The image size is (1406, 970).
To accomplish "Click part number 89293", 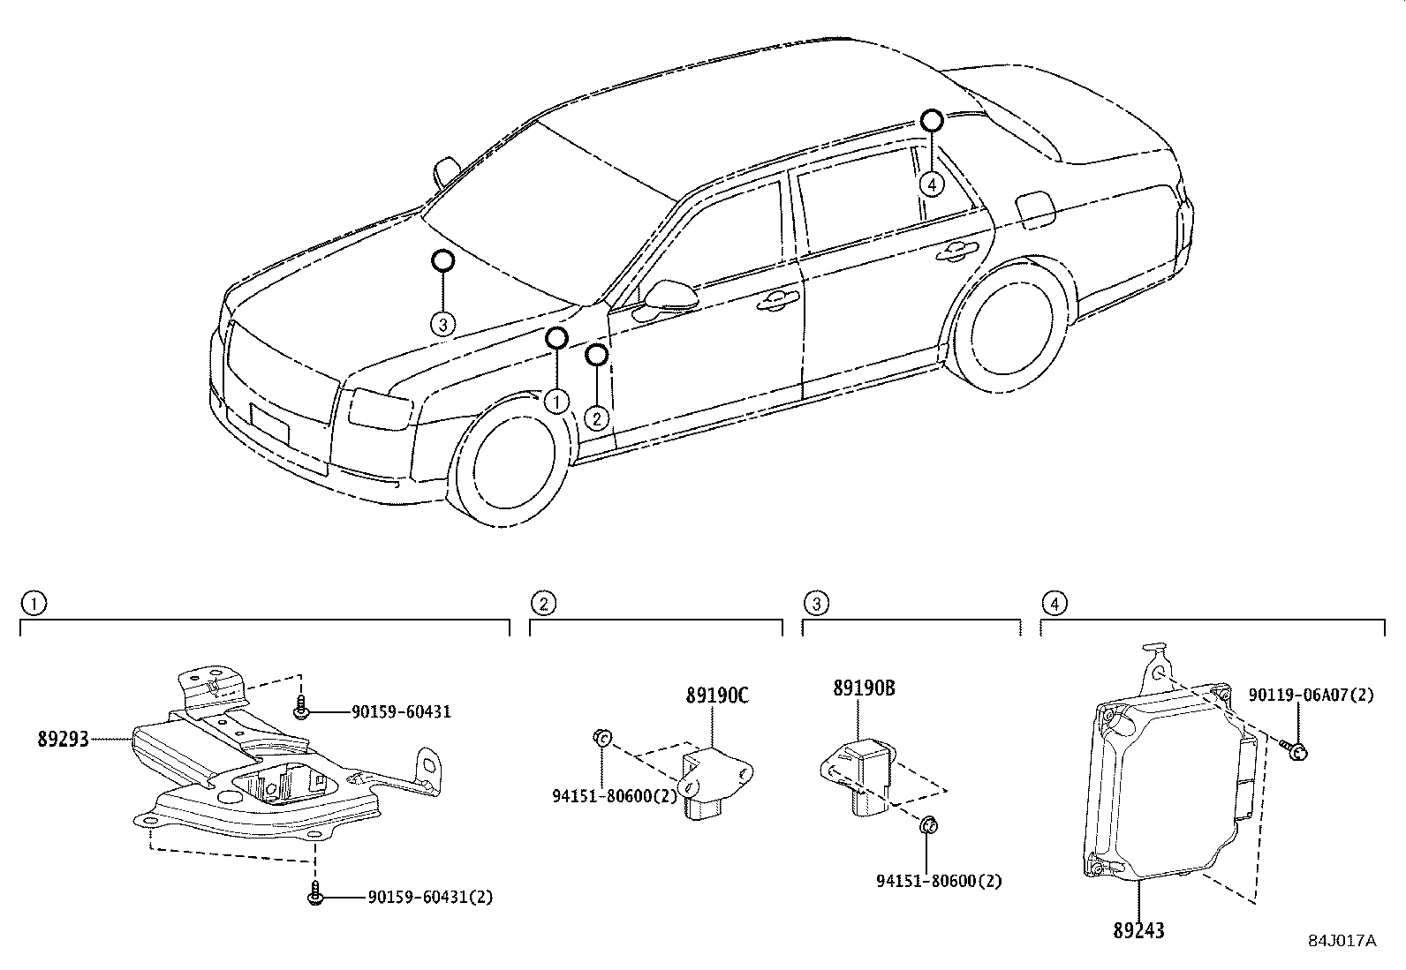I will [63, 739].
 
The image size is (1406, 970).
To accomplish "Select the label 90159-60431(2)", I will [430, 898].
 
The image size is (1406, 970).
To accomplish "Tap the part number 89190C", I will [716, 696].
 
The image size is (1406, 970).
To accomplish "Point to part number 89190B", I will [863, 688].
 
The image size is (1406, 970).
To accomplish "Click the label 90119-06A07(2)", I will [1311, 696].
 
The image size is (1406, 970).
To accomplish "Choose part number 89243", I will [1138, 929].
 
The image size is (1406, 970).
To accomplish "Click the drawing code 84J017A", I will [1342, 941].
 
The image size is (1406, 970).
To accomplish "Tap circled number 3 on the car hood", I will [443, 324].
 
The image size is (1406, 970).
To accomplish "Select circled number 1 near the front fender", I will [556, 402].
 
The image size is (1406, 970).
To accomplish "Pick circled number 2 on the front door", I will [597, 417].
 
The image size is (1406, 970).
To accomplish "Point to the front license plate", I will [269, 423].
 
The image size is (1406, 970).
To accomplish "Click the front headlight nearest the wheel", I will [381, 408].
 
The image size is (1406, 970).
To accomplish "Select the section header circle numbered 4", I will [1053, 603].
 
